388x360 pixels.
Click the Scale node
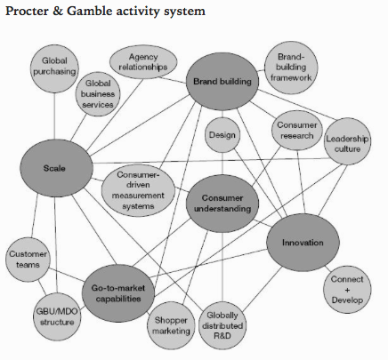coord(56,168)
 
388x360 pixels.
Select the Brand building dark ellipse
coord(222,82)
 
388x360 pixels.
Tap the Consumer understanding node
coord(222,204)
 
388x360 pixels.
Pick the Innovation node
coord(303,243)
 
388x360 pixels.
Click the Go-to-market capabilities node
coord(118,293)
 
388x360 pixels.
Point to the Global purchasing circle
coord(54,68)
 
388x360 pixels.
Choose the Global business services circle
coord(98,93)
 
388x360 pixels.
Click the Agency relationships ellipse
coord(143,62)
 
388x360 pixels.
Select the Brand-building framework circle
coord(291,68)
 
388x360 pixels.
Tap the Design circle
coord(222,135)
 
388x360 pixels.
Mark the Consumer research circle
coord(297,131)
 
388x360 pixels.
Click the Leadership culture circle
coord(347,141)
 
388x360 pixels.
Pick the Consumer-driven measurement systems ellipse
coord(138,190)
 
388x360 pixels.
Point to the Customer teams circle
coord(28,260)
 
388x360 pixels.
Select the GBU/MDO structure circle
coord(57,316)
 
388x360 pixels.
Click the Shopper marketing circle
coord(171,325)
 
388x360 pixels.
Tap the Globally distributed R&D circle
coord(222,325)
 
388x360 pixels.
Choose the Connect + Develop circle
coord(347,290)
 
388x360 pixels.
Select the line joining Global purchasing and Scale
coord(54,116)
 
